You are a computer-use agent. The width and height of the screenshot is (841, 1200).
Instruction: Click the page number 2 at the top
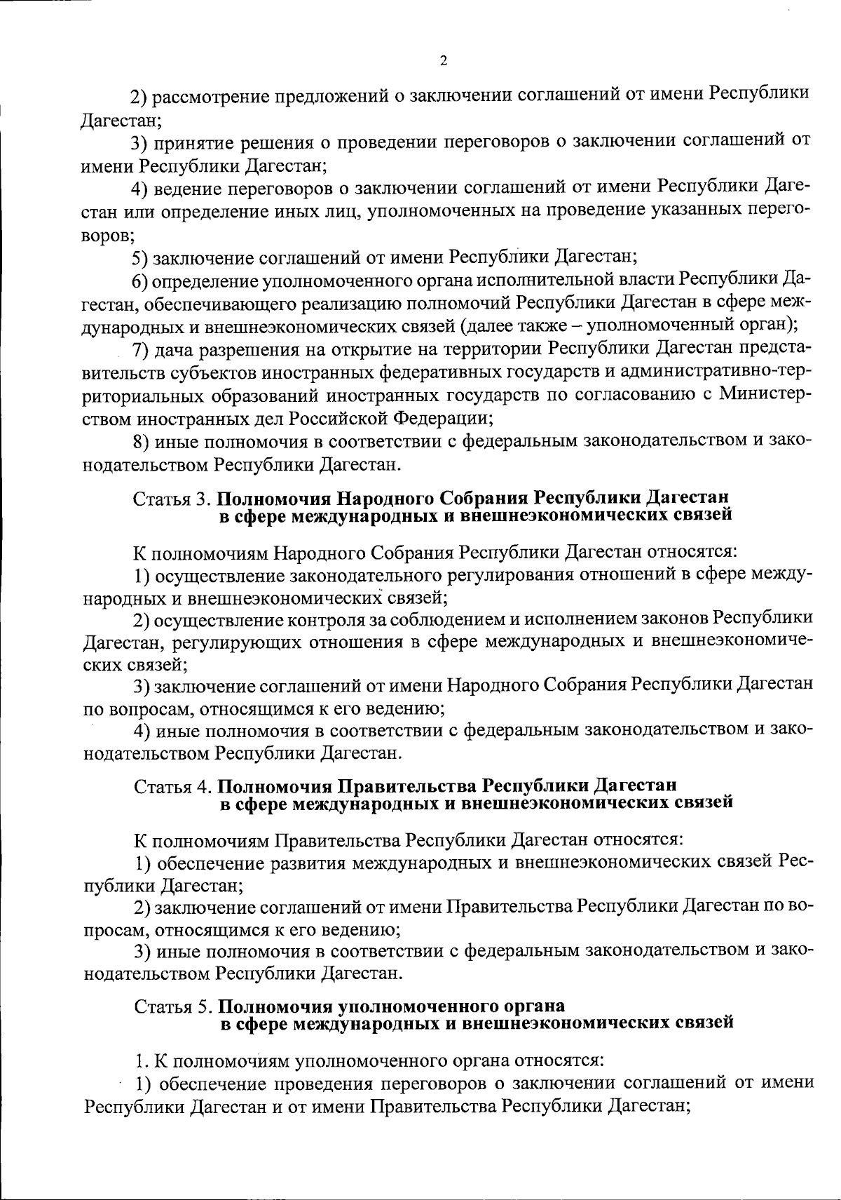(x=443, y=61)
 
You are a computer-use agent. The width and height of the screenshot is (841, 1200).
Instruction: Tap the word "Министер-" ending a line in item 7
(x=763, y=393)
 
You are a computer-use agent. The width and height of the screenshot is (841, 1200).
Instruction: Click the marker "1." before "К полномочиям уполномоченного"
(x=140, y=1057)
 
